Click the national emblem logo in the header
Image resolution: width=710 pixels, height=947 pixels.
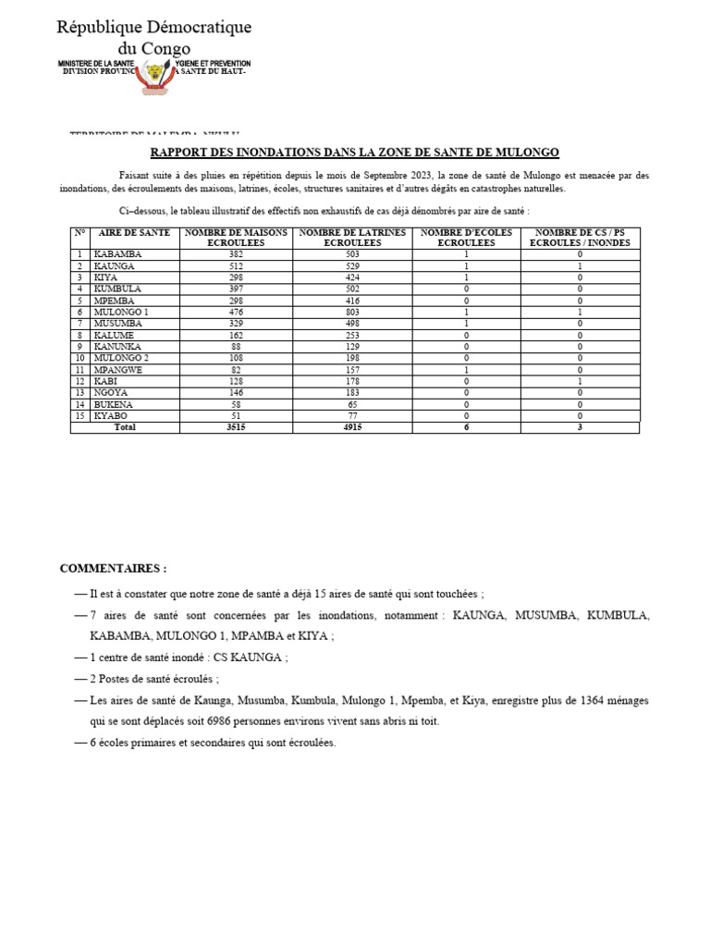click(154, 73)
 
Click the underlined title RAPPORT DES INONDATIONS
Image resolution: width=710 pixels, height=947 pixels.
click(355, 153)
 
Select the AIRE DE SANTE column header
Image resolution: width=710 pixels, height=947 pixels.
click(135, 233)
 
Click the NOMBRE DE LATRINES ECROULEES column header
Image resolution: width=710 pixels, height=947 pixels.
click(353, 238)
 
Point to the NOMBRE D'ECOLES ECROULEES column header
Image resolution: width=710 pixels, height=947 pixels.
click(466, 238)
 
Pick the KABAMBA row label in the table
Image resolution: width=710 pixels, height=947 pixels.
click(116, 253)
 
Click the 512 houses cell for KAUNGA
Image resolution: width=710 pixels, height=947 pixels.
click(237, 265)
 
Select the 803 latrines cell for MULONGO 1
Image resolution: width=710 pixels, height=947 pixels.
click(353, 313)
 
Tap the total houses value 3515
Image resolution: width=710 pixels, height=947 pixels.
click(237, 428)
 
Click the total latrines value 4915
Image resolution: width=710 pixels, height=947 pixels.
click(353, 428)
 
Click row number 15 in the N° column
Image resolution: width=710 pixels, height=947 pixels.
click(80, 416)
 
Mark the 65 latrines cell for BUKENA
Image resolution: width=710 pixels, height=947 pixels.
click(353, 405)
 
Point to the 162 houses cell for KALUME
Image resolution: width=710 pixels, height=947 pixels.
click(237, 334)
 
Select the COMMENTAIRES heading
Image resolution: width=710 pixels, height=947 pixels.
click(113, 568)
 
